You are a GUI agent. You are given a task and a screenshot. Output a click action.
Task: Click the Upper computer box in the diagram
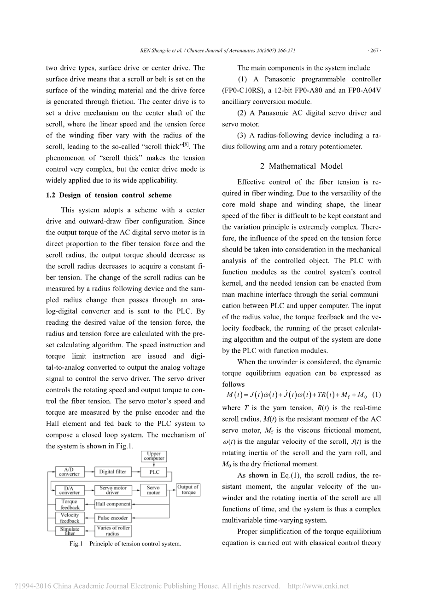click(x=154, y=456)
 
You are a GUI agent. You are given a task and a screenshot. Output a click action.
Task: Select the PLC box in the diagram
click(x=154, y=472)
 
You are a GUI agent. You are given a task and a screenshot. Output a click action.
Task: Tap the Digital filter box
click(x=113, y=472)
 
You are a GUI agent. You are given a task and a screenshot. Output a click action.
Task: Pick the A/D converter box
click(x=69, y=472)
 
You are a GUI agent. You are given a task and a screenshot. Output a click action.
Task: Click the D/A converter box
click(x=69, y=490)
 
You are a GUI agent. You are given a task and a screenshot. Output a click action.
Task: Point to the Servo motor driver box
click(x=113, y=490)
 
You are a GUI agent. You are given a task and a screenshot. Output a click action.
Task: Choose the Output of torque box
click(x=188, y=490)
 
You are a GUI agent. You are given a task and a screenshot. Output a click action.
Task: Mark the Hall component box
click(x=113, y=504)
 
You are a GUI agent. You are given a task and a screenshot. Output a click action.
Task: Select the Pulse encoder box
click(x=113, y=518)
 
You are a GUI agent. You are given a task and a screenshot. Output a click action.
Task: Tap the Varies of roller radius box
click(x=113, y=531)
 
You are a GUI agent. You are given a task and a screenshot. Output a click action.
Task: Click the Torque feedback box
click(x=70, y=505)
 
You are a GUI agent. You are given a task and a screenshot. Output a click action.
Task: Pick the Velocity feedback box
click(x=70, y=518)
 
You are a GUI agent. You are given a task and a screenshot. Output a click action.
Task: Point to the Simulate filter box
click(x=70, y=531)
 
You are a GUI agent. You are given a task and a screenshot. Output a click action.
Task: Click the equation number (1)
click(x=376, y=395)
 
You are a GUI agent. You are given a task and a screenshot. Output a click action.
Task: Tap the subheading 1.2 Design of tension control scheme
click(x=109, y=195)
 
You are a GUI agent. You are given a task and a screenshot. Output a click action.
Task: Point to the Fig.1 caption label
click(x=76, y=544)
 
